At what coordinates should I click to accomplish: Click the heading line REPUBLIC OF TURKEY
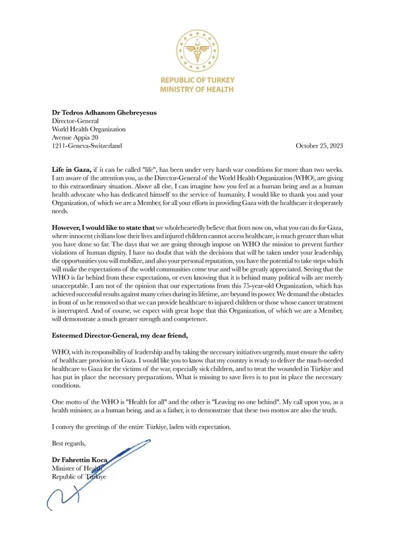197,78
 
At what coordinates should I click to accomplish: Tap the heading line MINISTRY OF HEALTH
197,87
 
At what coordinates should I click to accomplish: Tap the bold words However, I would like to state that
103,226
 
